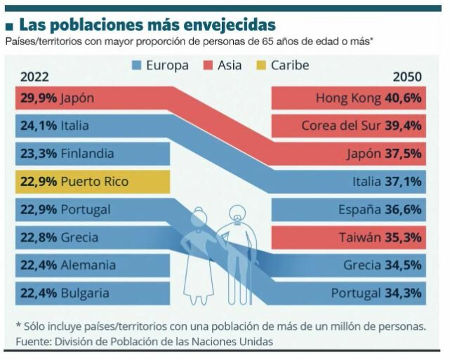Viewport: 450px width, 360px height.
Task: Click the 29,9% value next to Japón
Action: tap(39, 98)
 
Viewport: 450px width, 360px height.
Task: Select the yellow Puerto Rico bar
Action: tap(92, 182)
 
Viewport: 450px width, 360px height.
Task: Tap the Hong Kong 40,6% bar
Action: tap(348, 98)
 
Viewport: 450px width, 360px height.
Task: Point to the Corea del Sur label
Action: tap(340, 126)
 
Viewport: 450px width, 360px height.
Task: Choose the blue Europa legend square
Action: tap(138, 66)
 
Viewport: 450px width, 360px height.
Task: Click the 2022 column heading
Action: tap(35, 76)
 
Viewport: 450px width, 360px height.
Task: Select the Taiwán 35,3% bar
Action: tap(348, 238)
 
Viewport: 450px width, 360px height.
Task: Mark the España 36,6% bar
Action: tap(348, 210)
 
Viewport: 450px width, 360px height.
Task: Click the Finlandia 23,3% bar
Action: tap(92, 154)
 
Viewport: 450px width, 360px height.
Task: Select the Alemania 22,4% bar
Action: tap(92, 265)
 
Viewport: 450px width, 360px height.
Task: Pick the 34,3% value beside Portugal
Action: tap(402, 293)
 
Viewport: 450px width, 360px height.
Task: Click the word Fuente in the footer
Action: tap(32, 342)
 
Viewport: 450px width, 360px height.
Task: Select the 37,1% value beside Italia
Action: tap(403, 182)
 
